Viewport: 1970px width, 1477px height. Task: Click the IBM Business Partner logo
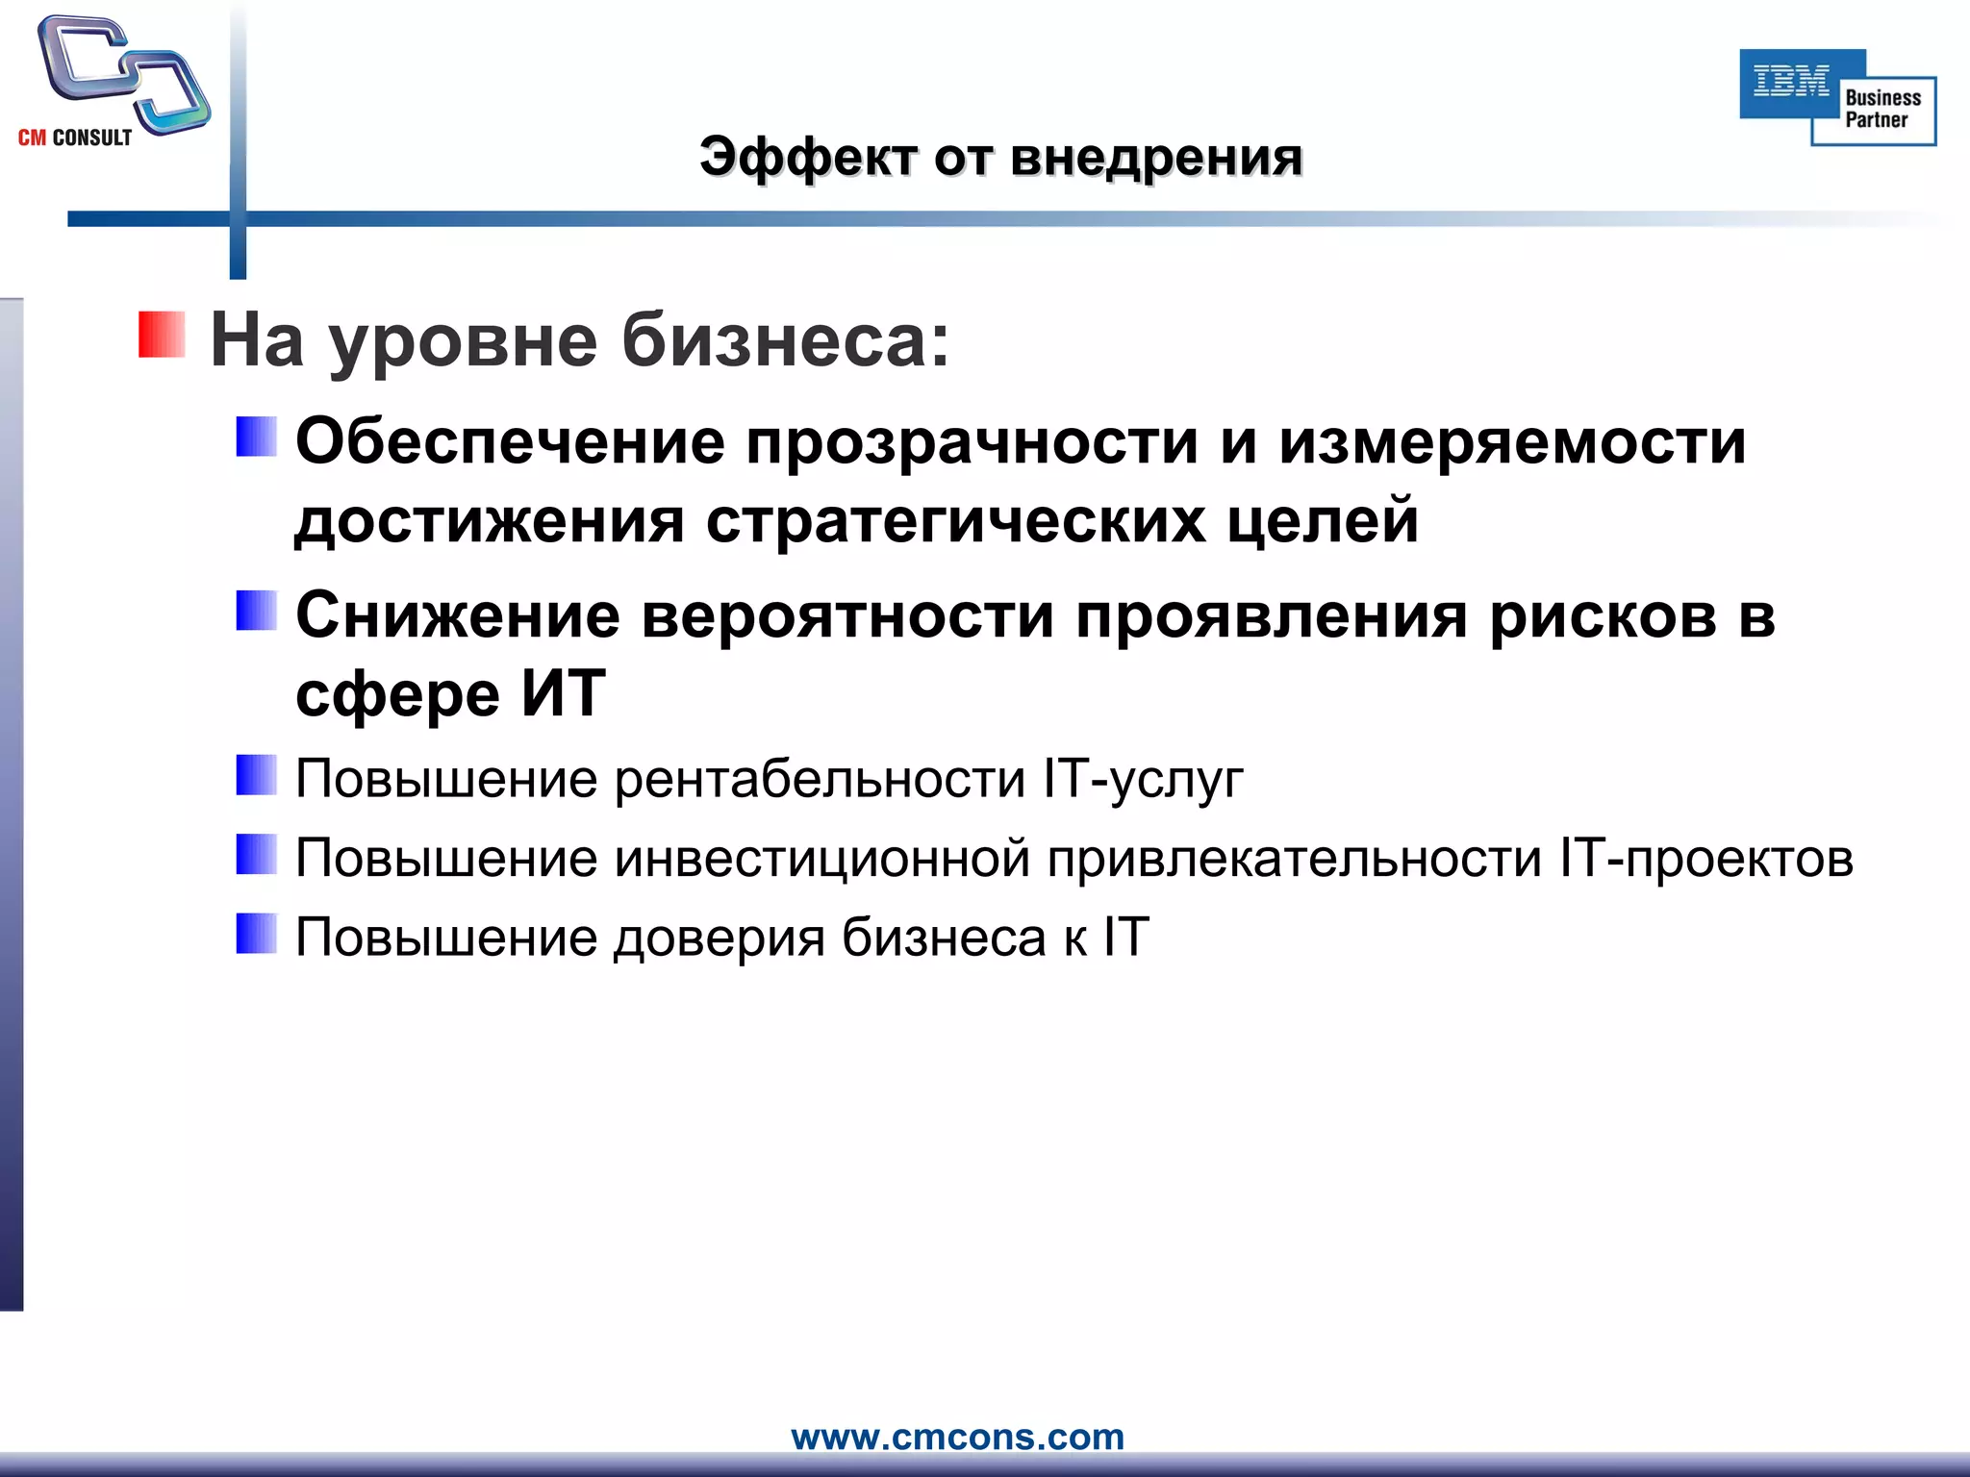click(x=1837, y=97)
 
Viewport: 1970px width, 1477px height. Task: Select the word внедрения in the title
click(x=1156, y=157)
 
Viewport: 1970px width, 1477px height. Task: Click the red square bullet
click(x=162, y=335)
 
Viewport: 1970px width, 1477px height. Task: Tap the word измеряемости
click(x=1512, y=442)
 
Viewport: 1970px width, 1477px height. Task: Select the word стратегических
click(x=956, y=521)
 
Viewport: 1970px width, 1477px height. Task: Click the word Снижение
click(x=458, y=615)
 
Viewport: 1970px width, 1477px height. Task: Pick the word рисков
click(x=1604, y=615)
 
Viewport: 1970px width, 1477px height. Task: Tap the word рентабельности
click(x=821, y=778)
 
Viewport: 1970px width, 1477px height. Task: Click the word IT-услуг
click(x=1144, y=778)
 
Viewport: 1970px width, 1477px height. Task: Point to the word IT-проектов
click(x=1707, y=858)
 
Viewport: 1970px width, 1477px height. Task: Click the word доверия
click(x=720, y=937)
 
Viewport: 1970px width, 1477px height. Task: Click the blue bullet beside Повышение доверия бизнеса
click(x=257, y=934)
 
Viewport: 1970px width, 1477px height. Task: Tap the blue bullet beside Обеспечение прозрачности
click(x=257, y=437)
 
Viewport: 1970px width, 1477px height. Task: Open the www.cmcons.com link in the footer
click(x=957, y=1437)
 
